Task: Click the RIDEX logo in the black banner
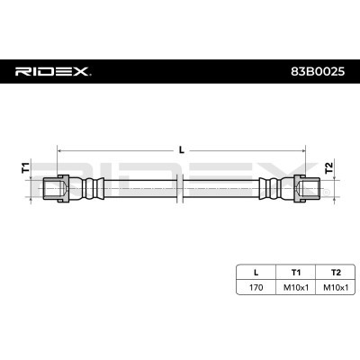[53, 72]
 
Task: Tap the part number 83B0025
[318, 72]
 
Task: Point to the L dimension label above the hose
[182, 149]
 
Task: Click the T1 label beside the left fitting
[26, 167]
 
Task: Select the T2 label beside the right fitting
[329, 167]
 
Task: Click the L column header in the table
[256, 273]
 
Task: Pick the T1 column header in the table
[296, 273]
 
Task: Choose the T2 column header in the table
[336, 273]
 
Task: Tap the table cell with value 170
[256, 287]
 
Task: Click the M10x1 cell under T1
[296, 287]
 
